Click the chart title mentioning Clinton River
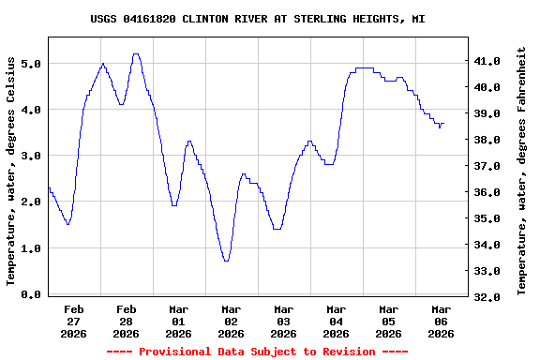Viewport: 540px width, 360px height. click(x=270, y=19)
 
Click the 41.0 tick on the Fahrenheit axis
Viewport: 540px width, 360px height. click(x=488, y=61)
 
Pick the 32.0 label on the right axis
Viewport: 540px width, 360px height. click(x=488, y=297)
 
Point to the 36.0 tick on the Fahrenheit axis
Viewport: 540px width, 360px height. click(x=488, y=192)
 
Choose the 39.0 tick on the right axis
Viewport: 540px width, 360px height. click(x=488, y=113)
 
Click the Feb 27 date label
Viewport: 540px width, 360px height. click(x=73, y=321)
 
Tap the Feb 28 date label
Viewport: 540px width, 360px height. click(x=126, y=321)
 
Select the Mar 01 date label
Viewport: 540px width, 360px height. click(x=178, y=321)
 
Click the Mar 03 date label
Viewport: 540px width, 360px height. click(x=283, y=321)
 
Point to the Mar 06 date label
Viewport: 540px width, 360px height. click(x=441, y=321)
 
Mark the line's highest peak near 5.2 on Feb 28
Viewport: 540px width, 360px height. click(x=136, y=54)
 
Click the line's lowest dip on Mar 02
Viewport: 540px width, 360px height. click(x=226, y=261)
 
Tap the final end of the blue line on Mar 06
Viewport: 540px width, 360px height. click(x=443, y=124)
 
